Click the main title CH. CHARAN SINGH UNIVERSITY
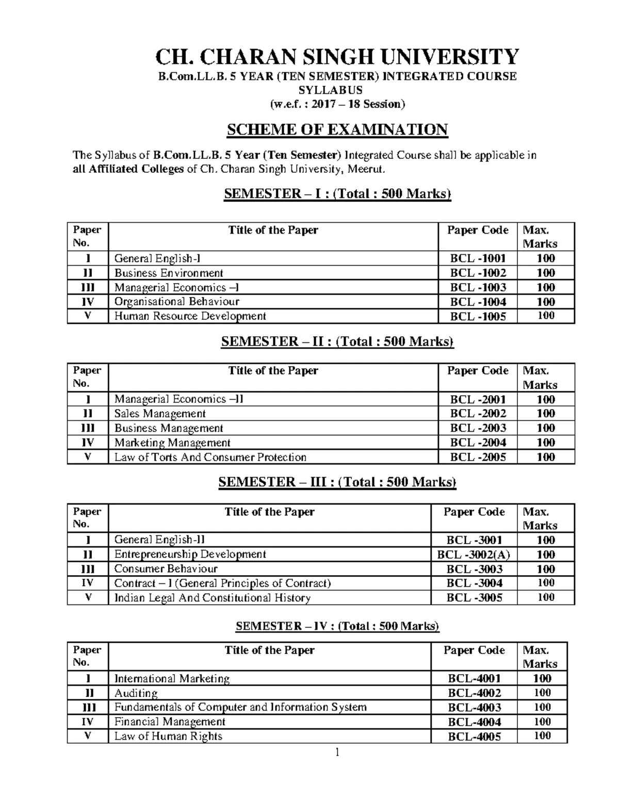337,57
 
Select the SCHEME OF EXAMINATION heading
337,129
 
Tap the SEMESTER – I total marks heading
337,194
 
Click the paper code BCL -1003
478,287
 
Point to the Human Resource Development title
190,316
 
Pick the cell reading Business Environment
169,273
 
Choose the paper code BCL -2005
478,457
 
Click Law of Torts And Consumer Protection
210,457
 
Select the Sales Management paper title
160,414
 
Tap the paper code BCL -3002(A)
474,554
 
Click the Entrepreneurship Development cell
190,554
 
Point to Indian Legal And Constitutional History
212,598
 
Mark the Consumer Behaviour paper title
166,569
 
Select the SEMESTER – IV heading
337,626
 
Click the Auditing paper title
136,693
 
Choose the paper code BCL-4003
475,708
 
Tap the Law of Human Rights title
168,736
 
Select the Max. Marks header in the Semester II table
540,378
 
